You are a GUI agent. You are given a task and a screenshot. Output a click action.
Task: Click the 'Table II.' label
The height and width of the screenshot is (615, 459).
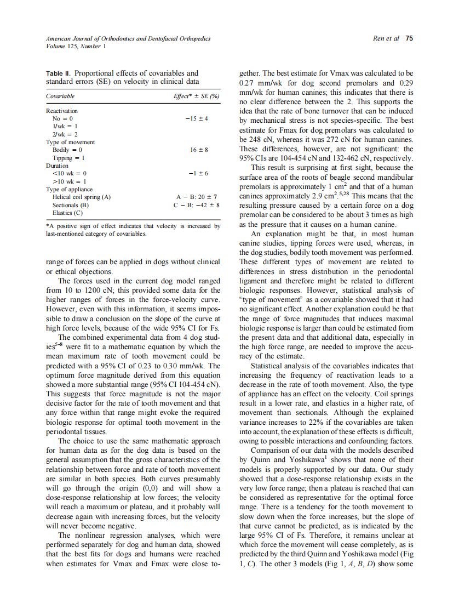58,73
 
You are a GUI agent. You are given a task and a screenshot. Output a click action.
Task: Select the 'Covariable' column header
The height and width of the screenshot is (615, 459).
60,96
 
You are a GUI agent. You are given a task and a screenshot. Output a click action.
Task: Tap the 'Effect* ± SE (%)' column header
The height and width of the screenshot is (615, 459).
196,96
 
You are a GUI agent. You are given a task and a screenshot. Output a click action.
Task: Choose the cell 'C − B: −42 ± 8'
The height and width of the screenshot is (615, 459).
196,205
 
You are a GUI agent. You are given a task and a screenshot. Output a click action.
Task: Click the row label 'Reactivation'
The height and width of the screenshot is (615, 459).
62,111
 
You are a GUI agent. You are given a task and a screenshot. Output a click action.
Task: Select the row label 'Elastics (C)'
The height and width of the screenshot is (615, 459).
67,213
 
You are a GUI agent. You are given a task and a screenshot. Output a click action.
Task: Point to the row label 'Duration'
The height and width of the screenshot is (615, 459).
58,166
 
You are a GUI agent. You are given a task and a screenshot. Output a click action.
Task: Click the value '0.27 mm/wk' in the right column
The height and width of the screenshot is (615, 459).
259,83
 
